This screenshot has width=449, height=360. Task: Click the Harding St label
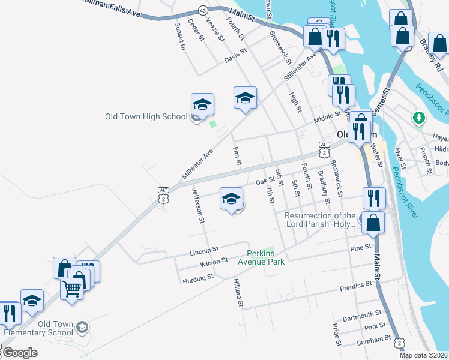(x=198, y=278)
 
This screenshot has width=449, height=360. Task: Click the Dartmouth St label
(x=362, y=314)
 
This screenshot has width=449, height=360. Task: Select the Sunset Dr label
(x=179, y=36)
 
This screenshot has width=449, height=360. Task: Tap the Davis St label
(x=235, y=56)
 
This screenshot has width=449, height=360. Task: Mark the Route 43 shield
(x=202, y=10)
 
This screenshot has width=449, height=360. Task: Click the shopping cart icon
(x=72, y=289)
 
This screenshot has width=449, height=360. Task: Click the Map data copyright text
(x=424, y=355)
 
